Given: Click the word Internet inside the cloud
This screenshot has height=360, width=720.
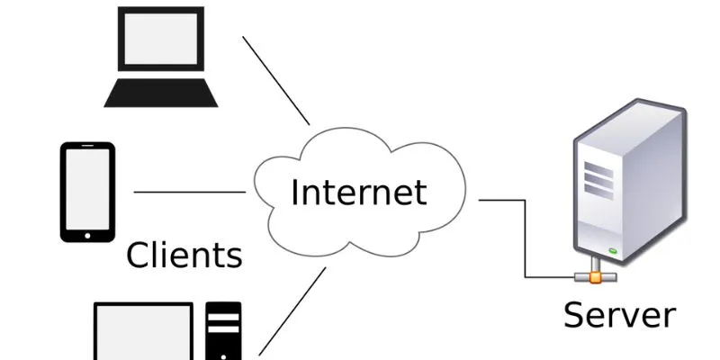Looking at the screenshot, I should pyautogui.click(x=357, y=193).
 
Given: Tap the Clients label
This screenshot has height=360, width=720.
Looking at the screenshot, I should pyautogui.click(x=184, y=256).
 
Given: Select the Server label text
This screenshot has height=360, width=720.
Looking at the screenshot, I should pyautogui.click(x=619, y=315).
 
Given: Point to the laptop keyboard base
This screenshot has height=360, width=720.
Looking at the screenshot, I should pyautogui.click(x=161, y=92).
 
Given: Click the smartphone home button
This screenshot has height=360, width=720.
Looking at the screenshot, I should pyautogui.click(x=87, y=236).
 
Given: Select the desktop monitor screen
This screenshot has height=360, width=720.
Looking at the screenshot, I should pyautogui.click(x=144, y=333).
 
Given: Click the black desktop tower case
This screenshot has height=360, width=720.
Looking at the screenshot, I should pyautogui.click(x=224, y=331).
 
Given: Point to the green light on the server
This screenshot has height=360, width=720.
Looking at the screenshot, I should pyautogui.click(x=612, y=250).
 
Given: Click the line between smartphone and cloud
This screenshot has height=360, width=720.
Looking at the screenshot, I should pyautogui.click(x=189, y=192).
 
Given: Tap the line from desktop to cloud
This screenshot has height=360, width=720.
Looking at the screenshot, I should pyautogui.click(x=292, y=310).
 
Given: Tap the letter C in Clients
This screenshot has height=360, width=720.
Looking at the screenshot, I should pyautogui.click(x=138, y=256).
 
